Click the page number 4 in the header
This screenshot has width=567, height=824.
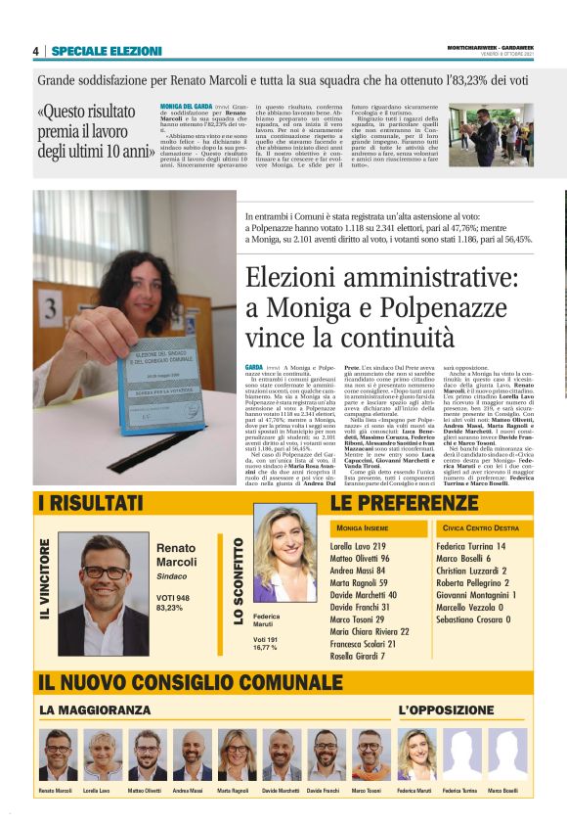pyautogui.click(x=35, y=51)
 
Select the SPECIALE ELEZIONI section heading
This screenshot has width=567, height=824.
pyautogui.click(x=107, y=51)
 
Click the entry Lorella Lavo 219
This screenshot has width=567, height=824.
pyautogui.click(x=358, y=546)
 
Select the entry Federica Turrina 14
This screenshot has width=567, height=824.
pyautogui.click(x=471, y=546)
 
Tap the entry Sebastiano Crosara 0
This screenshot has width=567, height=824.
pyautogui.click(x=473, y=619)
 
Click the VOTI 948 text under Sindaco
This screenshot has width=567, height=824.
pyautogui.click(x=174, y=596)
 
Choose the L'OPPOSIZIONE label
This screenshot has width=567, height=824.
pyautogui.click(x=440, y=709)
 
